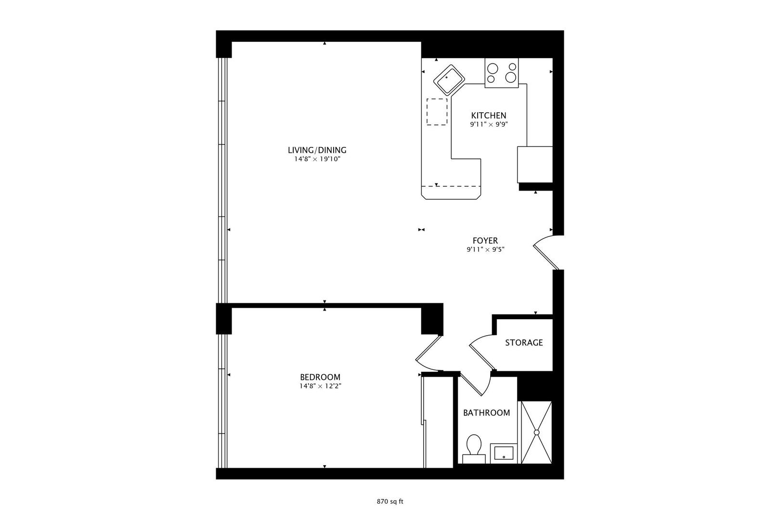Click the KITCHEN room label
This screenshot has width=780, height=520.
pyautogui.click(x=489, y=116)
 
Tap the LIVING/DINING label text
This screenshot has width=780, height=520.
pyautogui.click(x=317, y=150)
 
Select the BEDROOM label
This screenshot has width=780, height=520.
pyautogui.click(x=320, y=377)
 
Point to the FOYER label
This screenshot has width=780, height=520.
pyautogui.click(x=485, y=241)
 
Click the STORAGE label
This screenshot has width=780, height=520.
pyautogui.click(x=524, y=343)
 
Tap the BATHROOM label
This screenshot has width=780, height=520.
pyautogui.click(x=486, y=413)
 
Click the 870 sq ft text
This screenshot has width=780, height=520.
pyautogui.click(x=390, y=501)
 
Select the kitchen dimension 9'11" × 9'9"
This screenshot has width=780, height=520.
pyautogui.click(x=489, y=124)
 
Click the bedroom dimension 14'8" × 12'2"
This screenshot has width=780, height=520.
pyautogui.click(x=320, y=386)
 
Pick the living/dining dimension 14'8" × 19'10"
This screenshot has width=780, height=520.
pyautogui.click(x=317, y=159)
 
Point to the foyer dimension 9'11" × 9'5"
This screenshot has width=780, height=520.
pyautogui.click(x=485, y=249)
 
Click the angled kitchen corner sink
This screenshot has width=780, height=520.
pyautogui.click(x=449, y=79)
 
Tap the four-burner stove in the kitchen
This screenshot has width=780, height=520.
pyautogui.click(x=501, y=73)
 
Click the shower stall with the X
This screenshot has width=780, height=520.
pyautogui.click(x=536, y=432)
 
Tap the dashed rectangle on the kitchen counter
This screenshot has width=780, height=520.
pyautogui.click(x=437, y=112)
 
